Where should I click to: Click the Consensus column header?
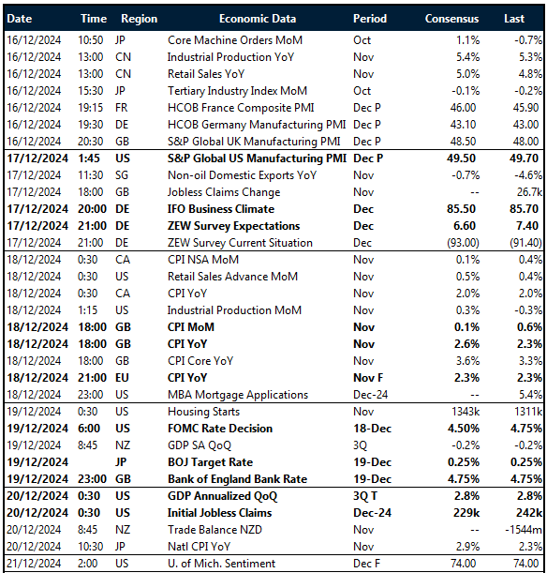[451, 19]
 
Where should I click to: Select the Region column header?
[140, 19]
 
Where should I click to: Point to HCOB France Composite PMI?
[233, 108]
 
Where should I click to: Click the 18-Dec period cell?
[373, 429]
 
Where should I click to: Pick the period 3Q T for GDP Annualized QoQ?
[370, 496]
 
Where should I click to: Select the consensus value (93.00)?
[458, 243]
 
